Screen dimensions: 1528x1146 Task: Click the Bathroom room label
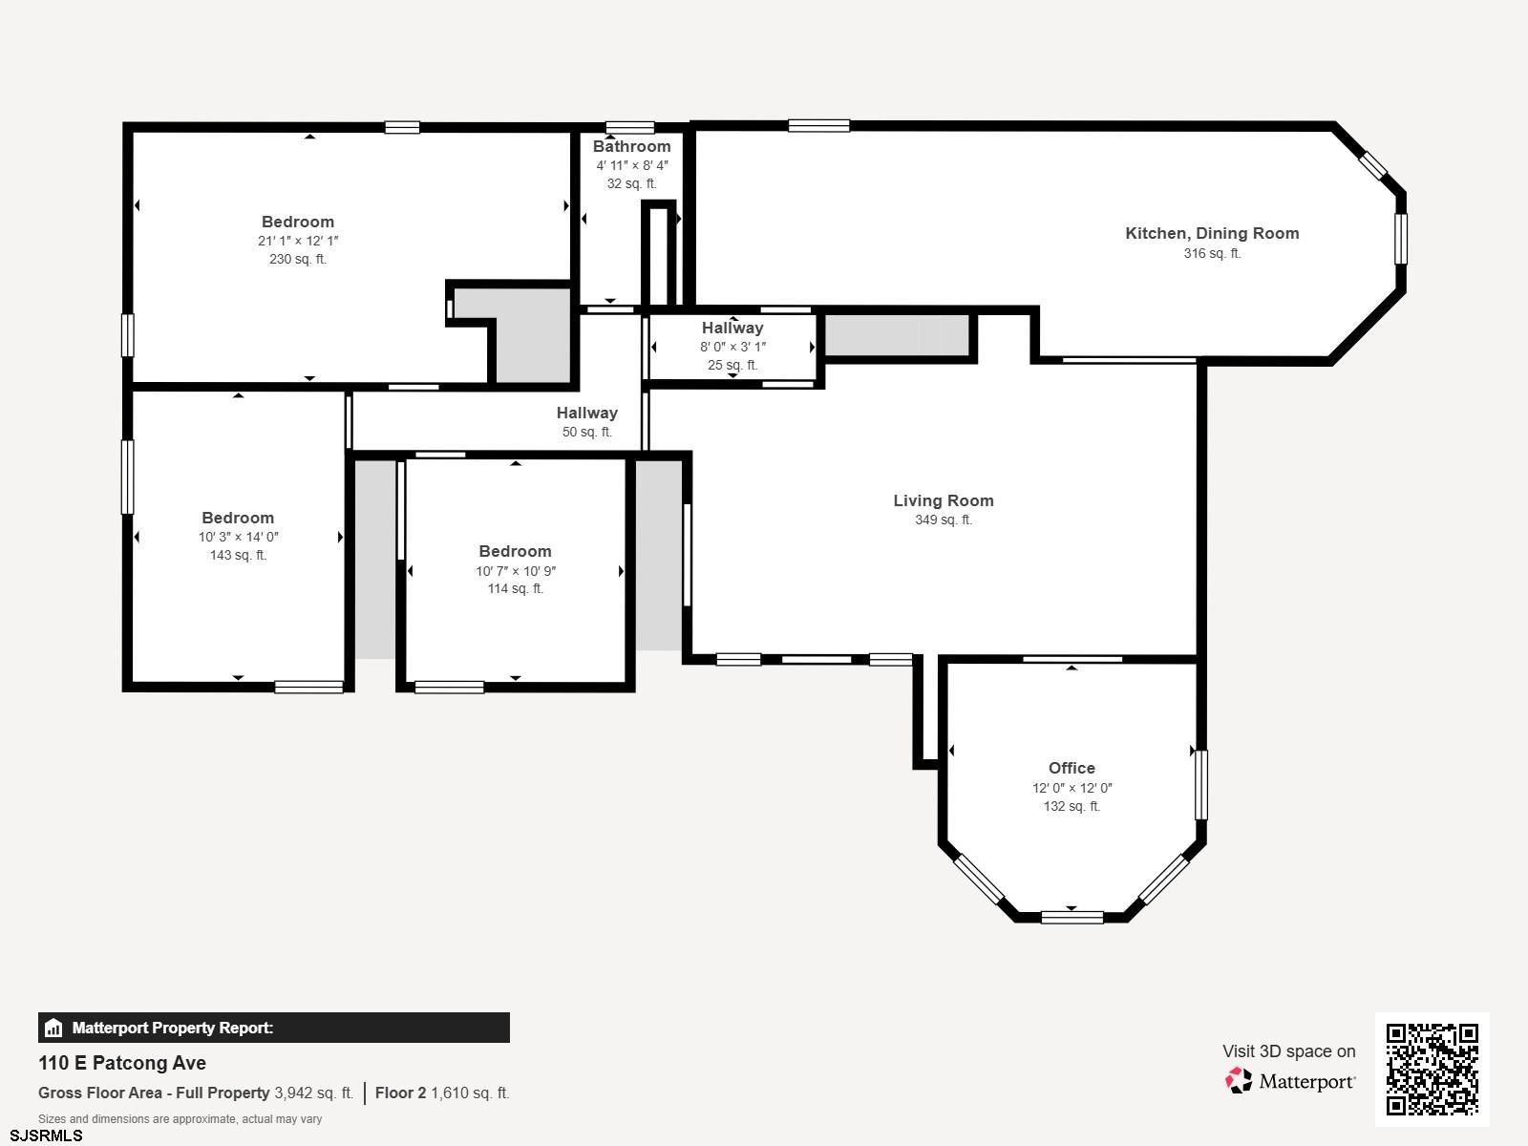(x=631, y=146)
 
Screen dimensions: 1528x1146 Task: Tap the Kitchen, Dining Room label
(x=1212, y=234)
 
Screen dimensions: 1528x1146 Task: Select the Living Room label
(x=944, y=500)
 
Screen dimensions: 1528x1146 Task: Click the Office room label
(x=1072, y=768)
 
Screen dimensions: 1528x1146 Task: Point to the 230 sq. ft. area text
(x=298, y=259)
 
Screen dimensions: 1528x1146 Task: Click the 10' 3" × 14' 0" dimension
(x=238, y=537)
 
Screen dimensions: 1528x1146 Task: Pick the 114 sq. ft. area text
(x=515, y=588)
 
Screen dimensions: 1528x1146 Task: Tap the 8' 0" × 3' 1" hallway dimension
(x=732, y=347)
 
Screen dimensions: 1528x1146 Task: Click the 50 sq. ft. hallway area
(x=586, y=432)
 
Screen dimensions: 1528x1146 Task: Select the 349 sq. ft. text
(x=944, y=520)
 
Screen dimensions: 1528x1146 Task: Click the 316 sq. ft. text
(x=1212, y=253)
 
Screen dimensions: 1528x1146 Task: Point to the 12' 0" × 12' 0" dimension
(x=1072, y=788)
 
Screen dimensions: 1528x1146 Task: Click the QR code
(x=1432, y=1069)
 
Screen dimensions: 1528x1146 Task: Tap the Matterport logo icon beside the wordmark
(x=1239, y=1081)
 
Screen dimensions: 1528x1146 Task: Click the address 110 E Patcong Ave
(x=122, y=1063)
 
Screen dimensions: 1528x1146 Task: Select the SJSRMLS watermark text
(x=46, y=1136)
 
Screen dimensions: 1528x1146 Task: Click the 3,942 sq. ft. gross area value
(x=314, y=1093)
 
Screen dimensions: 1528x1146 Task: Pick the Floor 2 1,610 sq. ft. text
(x=442, y=1093)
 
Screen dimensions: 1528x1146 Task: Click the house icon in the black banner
(x=53, y=1028)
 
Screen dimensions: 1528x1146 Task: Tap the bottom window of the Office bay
(x=1072, y=917)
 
